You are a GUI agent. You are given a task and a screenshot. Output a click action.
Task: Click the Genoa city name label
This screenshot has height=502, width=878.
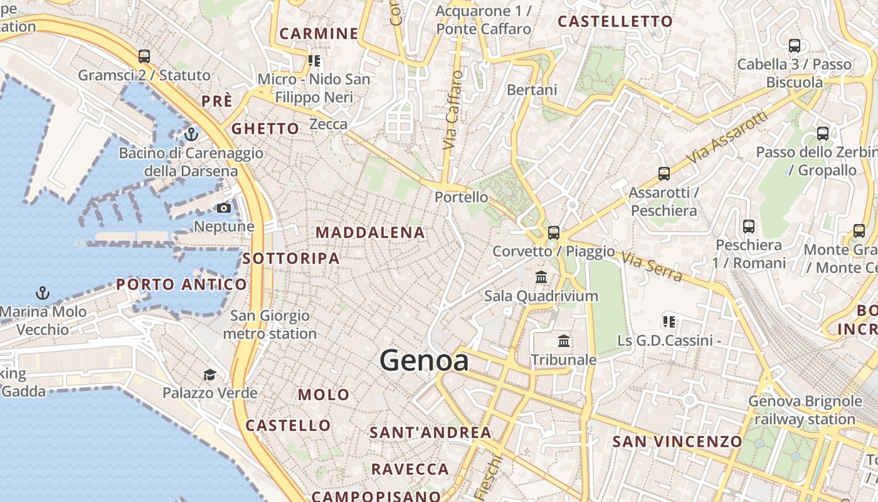[x=424, y=361]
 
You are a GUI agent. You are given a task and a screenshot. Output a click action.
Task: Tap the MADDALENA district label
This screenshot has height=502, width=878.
[x=370, y=233]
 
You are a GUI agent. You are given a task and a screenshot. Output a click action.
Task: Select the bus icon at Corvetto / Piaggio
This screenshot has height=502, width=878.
[x=553, y=233]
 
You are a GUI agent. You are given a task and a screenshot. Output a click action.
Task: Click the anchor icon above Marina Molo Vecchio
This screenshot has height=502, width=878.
[x=43, y=292]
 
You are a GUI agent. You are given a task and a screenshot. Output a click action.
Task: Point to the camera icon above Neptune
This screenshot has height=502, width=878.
[x=224, y=208]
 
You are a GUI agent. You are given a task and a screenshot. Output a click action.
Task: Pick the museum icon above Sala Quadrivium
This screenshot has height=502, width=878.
[x=541, y=277]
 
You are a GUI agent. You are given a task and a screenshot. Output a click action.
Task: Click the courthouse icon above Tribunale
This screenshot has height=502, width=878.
[x=564, y=341]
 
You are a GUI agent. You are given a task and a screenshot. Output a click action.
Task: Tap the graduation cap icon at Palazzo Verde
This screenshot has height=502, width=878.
[x=209, y=375]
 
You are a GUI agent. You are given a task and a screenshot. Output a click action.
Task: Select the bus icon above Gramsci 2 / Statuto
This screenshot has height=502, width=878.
[x=144, y=56]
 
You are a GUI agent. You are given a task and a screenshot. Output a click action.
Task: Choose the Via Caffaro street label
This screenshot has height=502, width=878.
[x=452, y=110]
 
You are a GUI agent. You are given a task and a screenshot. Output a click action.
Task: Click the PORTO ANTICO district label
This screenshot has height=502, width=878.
[x=182, y=285]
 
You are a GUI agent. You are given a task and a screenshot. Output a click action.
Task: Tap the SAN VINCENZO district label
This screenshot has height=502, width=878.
[x=677, y=441]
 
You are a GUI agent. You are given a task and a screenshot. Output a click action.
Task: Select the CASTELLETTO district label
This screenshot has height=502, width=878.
[x=615, y=21]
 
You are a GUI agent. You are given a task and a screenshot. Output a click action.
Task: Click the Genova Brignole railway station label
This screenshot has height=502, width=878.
[x=805, y=410]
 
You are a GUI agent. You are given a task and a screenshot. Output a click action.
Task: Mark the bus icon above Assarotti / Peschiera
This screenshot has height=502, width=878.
[x=664, y=174]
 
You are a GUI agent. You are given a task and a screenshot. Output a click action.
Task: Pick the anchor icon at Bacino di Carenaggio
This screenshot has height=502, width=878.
[x=191, y=134]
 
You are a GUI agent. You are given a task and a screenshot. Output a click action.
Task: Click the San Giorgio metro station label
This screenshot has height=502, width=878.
[x=270, y=324]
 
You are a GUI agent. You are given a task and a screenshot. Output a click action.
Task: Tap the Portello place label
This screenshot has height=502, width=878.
[x=461, y=197]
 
